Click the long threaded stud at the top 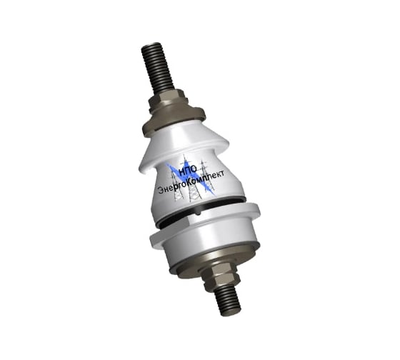point(157,68)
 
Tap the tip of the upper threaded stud point(149,46)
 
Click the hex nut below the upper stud point(169,101)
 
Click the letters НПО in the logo point(188,170)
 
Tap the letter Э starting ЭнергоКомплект point(161,190)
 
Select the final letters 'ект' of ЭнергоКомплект point(218,174)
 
